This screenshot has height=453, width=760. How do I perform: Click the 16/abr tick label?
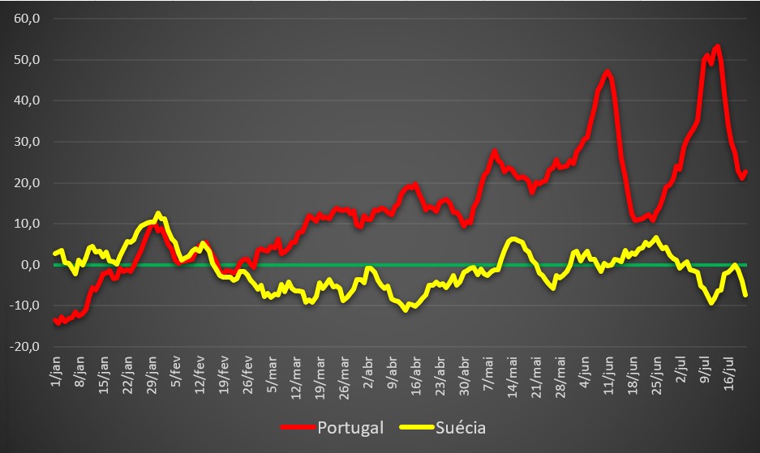(414, 373)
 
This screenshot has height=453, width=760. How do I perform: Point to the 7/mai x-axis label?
(488, 371)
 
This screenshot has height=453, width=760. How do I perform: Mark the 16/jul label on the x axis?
(729, 372)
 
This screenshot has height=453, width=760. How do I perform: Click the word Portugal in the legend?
(350, 427)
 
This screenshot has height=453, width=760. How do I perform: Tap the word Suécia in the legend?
(461, 427)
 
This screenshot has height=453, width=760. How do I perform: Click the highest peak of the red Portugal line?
(718, 47)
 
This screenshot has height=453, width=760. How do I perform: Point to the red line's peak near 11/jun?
(608, 72)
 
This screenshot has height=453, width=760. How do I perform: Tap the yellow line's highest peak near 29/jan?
(158, 214)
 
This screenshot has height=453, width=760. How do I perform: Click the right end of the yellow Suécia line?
(745, 295)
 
